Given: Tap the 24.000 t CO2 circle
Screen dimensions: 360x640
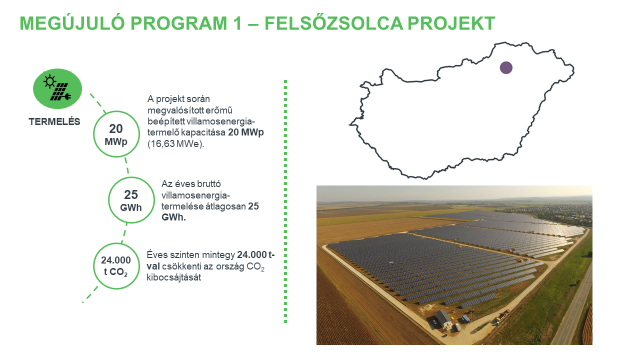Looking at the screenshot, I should click(114, 266).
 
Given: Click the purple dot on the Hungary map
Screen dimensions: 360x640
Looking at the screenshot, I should click(506, 68).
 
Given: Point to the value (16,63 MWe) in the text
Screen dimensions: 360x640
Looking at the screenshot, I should click(176, 144).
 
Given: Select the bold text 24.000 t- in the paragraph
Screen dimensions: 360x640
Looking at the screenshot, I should click(257, 255).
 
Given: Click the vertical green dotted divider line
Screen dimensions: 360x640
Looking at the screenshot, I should click(287, 200).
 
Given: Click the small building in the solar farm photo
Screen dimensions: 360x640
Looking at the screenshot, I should click(438, 320).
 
